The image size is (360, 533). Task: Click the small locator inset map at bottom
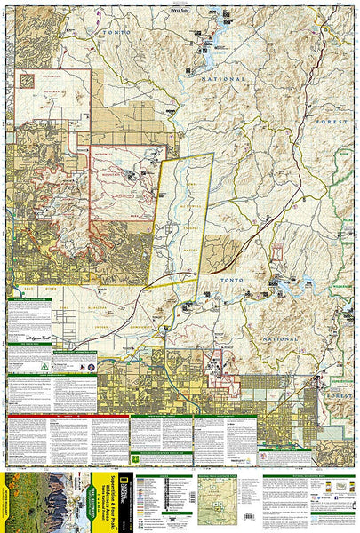pos(214,494)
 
